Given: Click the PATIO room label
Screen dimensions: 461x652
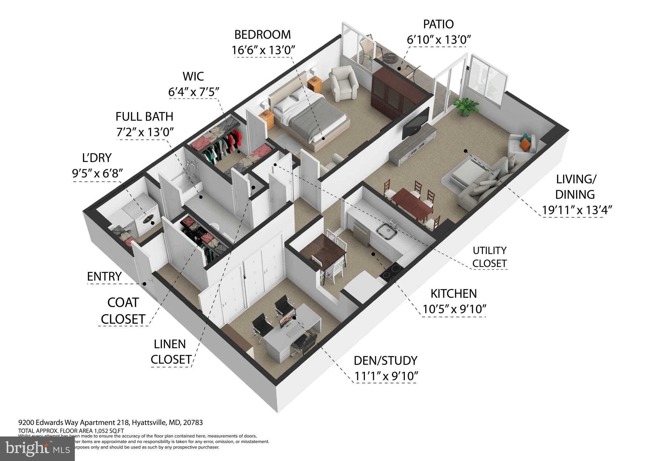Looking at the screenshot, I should (x=438, y=24).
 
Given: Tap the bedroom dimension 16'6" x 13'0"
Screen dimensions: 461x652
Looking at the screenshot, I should (x=263, y=50).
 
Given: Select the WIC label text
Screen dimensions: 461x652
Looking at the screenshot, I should (x=193, y=76).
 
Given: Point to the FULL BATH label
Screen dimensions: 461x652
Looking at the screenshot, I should (x=144, y=117).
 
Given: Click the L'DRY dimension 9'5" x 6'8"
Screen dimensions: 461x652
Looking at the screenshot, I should (x=97, y=174).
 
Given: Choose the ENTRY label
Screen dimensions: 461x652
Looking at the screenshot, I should (x=104, y=277).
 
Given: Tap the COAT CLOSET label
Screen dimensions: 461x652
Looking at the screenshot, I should (x=123, y=311).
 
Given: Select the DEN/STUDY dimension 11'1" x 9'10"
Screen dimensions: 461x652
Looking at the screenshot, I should (x=386, y=376).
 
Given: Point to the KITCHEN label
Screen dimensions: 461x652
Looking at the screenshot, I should (x=454, y=294).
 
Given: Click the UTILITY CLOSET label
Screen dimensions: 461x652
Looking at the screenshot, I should (x=489, y=257).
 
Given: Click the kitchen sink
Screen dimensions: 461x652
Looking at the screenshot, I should (x=386, y=231).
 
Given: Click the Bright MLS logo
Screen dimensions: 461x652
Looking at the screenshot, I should (x=37, y=449).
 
